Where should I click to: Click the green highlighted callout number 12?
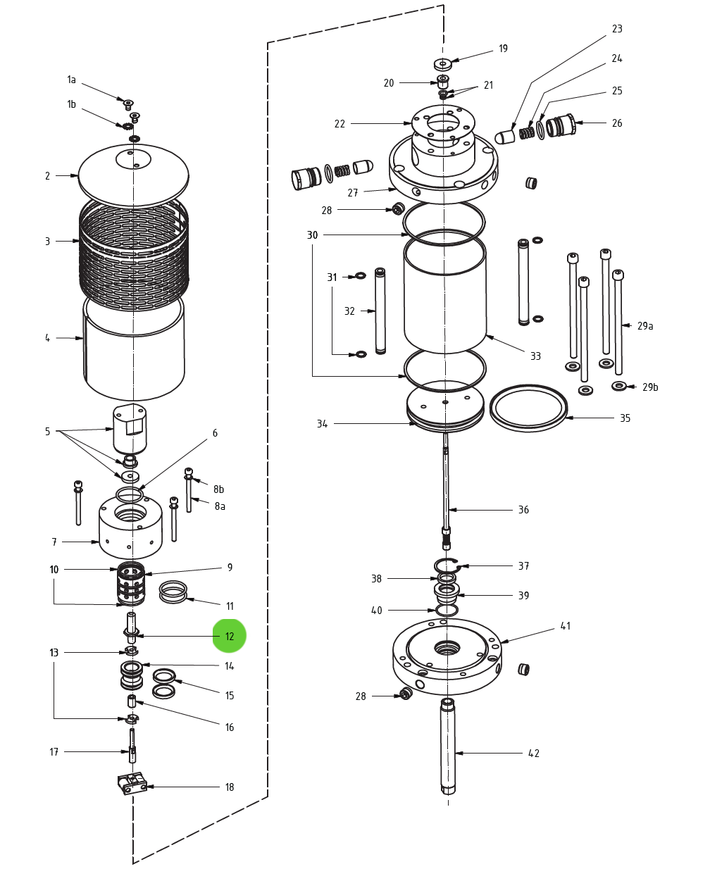tap(230, 636)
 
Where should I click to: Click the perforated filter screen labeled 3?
tap(133, 254)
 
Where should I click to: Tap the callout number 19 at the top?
tap(503, 49)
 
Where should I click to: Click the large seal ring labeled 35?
tap(528, 408)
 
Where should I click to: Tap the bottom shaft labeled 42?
tap(447, 746)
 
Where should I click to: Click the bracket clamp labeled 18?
tap(132, 783)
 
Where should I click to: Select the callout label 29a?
tap(645, 326)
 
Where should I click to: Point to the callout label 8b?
tap(219, 489)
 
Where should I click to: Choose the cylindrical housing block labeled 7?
tap(130, 528)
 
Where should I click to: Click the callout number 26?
tap(617, 123)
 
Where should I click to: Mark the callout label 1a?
tap(71, 80)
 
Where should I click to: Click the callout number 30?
tap(312, 235)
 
